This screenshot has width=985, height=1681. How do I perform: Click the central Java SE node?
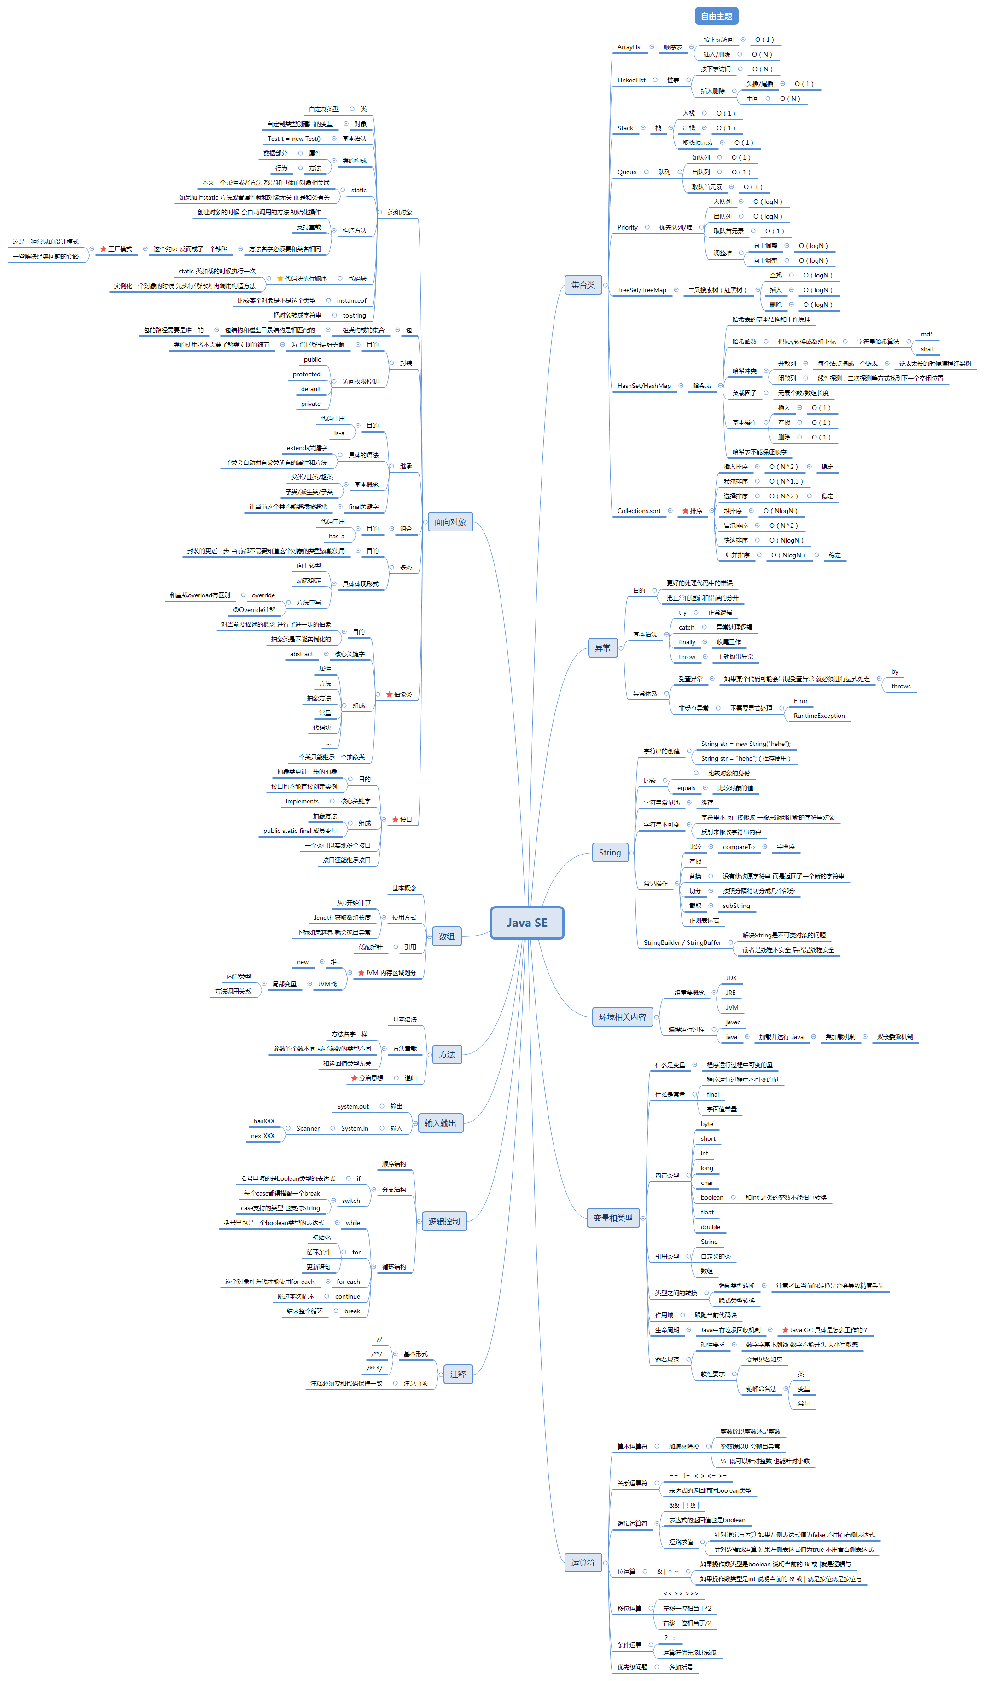coord(526,923)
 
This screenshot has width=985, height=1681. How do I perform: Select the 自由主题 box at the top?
coord(716,16)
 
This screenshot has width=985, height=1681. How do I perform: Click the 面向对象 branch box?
coord(450,522)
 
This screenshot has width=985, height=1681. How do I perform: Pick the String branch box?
coord(609,853)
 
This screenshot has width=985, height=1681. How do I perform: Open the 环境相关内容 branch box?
coord(622,1017)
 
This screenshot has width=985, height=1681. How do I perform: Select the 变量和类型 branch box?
coord(612,1218)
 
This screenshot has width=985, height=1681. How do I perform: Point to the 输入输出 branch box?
coord(440,1123)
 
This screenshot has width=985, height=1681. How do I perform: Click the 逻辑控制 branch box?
coord(444,1221)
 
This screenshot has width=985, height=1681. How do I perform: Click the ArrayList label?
coord(629,47)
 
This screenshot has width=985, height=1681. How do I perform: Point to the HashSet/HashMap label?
coord(643,386)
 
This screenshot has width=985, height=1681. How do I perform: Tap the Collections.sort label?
coord(639,511)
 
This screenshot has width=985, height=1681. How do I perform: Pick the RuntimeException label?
coord(819,716)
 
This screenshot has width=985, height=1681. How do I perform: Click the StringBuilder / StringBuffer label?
coord(682,942)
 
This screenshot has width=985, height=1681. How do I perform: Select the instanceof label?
coord(351,301)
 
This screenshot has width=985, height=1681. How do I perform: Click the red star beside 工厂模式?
coord(104,249)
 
